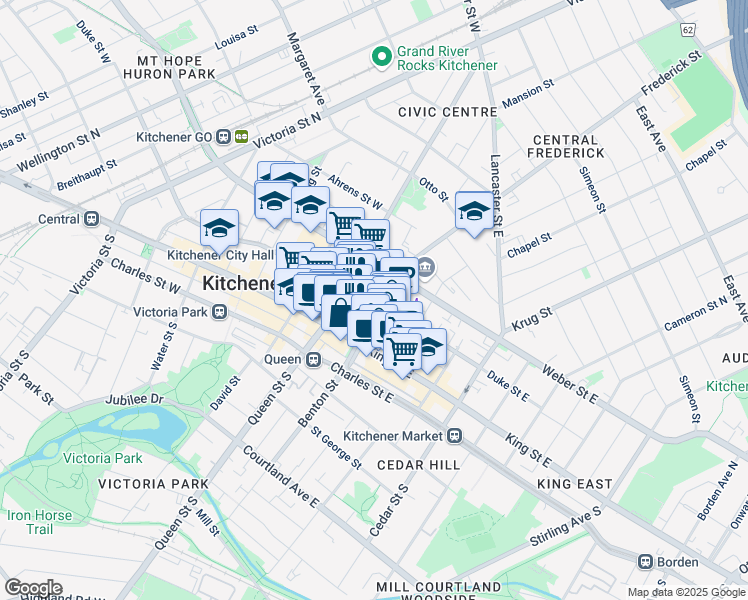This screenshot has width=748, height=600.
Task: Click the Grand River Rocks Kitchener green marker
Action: (x=381, y=58)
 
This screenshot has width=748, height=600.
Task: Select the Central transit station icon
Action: (x=92, y=218)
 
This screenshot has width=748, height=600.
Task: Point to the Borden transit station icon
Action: (x=646, y=562)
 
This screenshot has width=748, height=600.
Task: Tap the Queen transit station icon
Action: (x=313, y=359)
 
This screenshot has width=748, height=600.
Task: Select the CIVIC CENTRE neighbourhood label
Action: (x=446, y=112)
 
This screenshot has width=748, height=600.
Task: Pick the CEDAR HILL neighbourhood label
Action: (x=418, y=465)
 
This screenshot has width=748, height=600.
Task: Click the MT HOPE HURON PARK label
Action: (x=169, y=67)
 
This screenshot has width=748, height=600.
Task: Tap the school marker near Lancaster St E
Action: (x=474, y=210)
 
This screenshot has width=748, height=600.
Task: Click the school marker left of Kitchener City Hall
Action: (x=219, y=228)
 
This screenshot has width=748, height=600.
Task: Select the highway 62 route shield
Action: (x=688, y=31)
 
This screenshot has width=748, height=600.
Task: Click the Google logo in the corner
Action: (x=32, y=588)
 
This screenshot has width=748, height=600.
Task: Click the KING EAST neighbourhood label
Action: (x=574, y=484)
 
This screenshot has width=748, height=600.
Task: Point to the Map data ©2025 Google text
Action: (x=685, y=592)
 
